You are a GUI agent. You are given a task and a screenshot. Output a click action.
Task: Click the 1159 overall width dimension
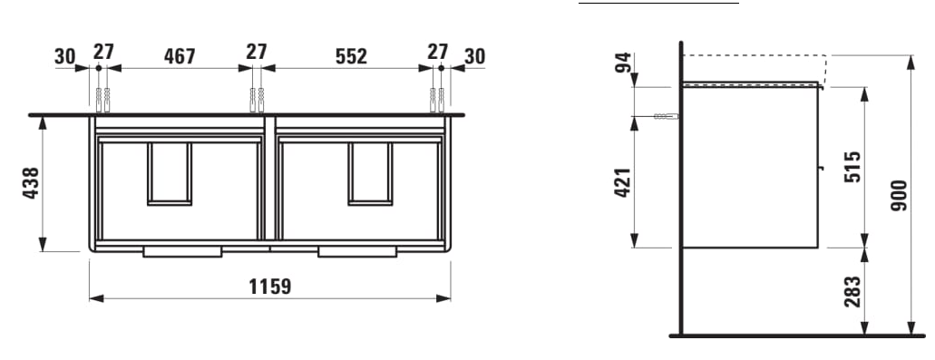tap(270, 287)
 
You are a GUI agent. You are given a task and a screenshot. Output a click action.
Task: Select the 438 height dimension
tap(31, 183)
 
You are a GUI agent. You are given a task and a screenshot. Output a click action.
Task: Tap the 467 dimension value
tap(180, 56)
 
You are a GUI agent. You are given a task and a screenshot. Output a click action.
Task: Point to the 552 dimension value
tap(351, 56)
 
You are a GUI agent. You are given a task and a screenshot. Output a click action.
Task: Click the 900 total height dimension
tap(899, 195)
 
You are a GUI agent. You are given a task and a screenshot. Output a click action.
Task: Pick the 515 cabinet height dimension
tap(852, 167)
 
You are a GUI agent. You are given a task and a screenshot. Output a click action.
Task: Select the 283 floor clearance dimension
tap(852, 291)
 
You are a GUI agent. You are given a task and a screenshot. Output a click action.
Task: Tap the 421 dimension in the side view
tap(622, 182)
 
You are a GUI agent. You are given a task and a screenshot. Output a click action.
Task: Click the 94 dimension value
tap(622, 62)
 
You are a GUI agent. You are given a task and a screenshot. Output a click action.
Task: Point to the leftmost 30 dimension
tap(65, 56)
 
